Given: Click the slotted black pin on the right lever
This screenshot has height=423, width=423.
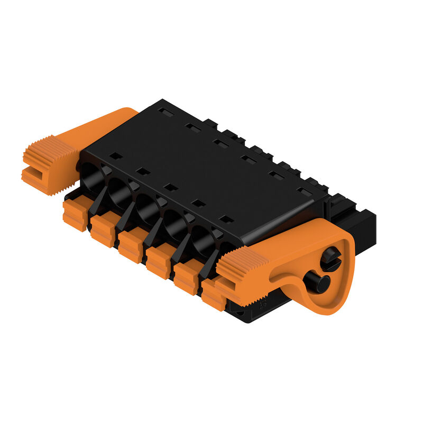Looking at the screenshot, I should click(332, 259).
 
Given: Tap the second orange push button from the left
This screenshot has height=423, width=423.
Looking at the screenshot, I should click(103, 230).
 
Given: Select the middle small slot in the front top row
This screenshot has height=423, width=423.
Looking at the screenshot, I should click(170, 187).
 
